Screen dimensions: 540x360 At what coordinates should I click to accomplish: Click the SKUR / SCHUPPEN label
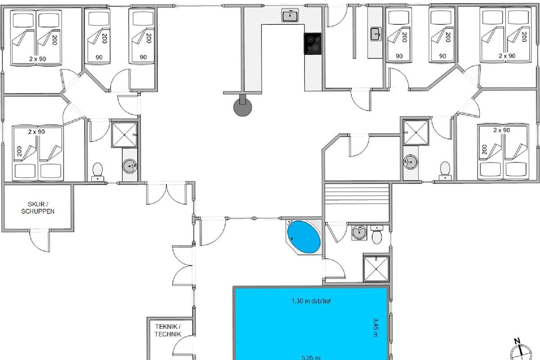tap(38, 207)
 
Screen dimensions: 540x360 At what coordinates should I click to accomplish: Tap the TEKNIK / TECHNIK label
tap(168, 330)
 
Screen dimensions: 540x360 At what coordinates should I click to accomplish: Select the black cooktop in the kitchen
tap(313, 44)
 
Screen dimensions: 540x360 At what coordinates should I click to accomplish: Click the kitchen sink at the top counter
tap(290, 15)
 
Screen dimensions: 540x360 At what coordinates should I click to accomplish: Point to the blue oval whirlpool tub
tap(304, 237)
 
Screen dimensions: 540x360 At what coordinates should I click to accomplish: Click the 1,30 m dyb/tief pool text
tap(311, 301)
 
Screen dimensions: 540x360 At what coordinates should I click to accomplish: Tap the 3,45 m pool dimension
tap(376, 328)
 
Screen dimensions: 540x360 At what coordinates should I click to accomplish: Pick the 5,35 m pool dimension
tap(311, 357)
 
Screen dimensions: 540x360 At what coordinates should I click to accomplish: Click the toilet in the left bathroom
tap(98, 172)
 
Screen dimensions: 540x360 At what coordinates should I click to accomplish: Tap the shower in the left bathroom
tap(124, 135)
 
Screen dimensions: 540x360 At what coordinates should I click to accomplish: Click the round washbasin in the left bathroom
tap(130, 166)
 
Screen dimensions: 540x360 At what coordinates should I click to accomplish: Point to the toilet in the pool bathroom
tap(377, 235)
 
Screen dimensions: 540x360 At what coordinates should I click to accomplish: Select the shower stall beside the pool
tap(376, 269)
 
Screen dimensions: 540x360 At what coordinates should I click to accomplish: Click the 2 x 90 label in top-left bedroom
tap(38, 59)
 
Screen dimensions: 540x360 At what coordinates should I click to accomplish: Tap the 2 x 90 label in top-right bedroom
tap(507, 56)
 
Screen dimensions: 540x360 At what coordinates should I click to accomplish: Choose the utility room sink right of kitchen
tap(376, 34)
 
